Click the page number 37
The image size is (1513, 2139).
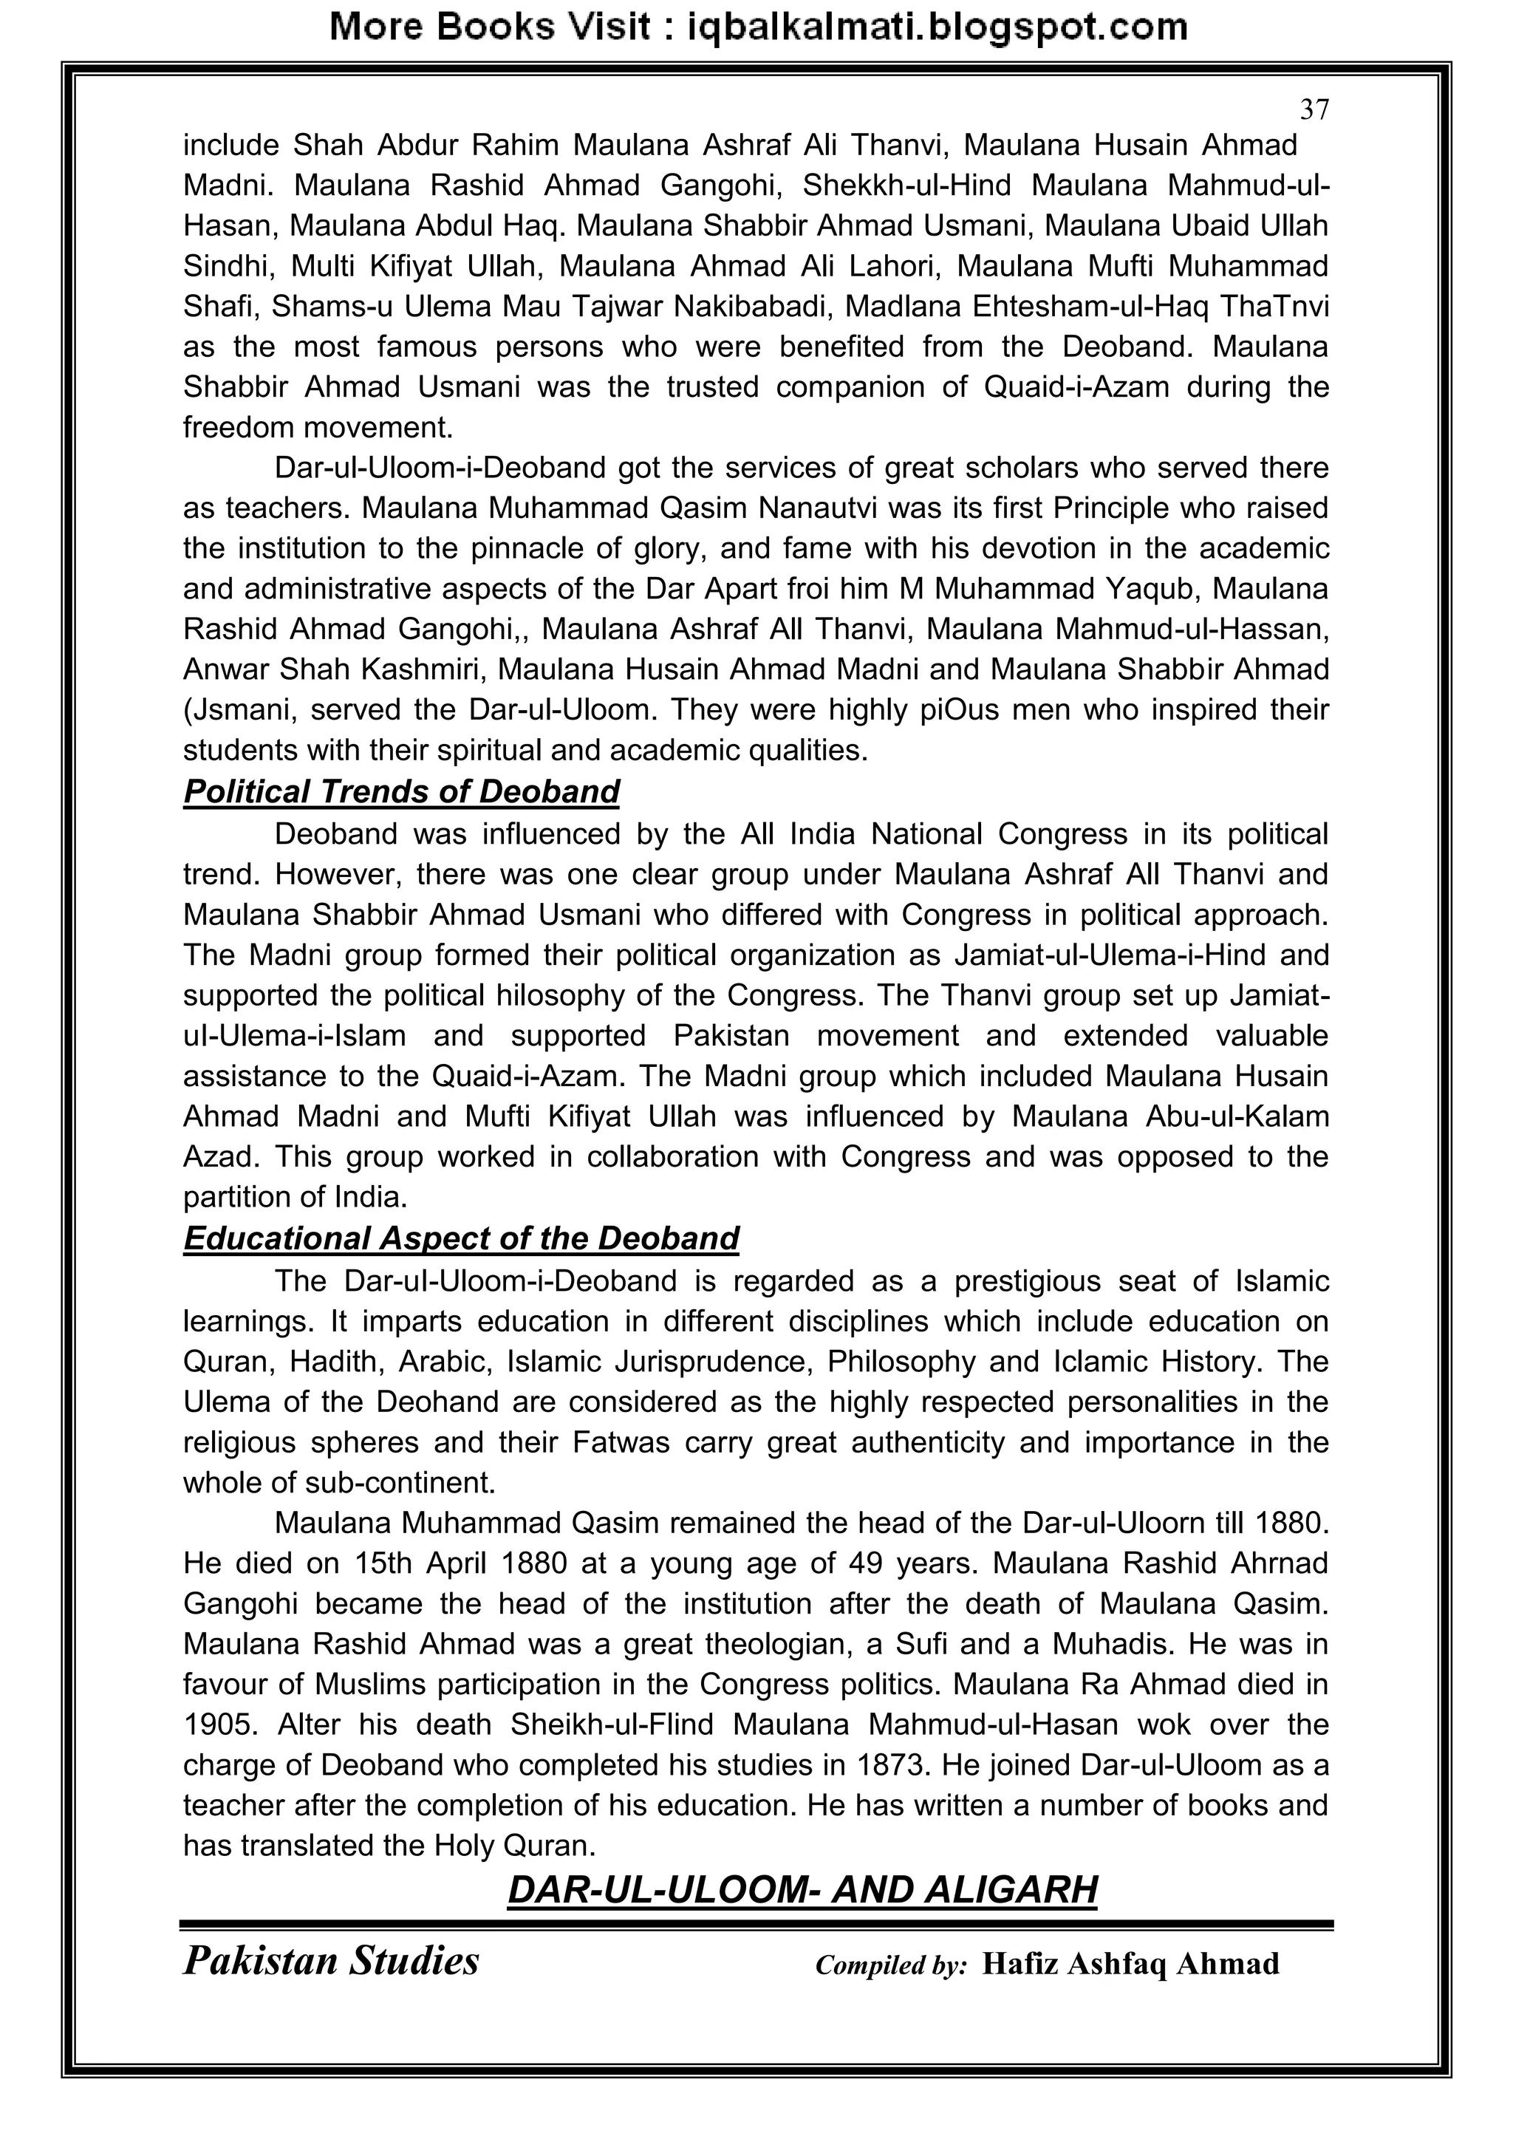point(1314,110)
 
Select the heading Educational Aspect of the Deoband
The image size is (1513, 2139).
point(460,1238)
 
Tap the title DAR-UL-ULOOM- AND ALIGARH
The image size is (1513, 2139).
point(802,1890)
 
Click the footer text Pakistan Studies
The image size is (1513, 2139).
point(331,1961)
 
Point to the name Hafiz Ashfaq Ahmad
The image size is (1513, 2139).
point(1130,1964)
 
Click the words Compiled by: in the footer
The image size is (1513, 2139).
point(891,1965)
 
